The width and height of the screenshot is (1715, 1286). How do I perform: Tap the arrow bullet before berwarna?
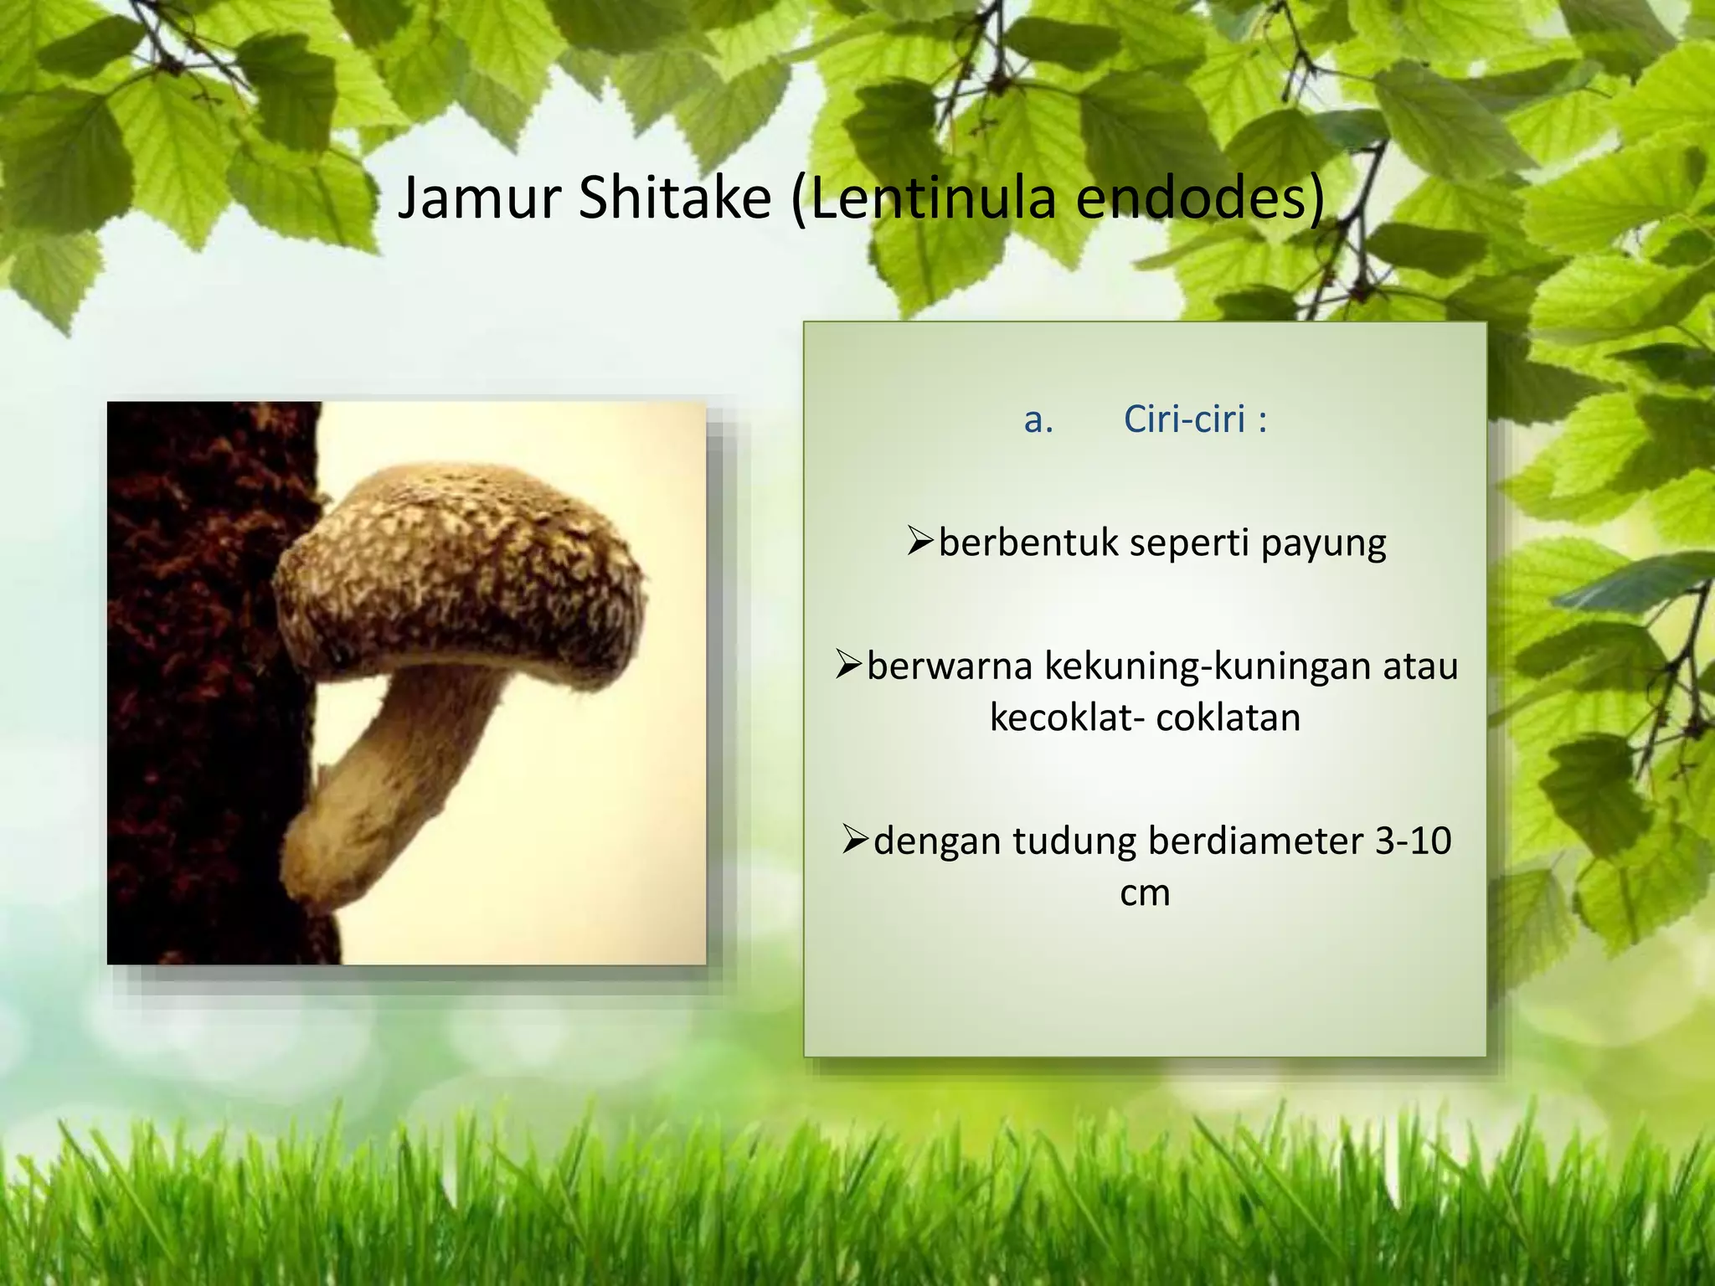(849, 666)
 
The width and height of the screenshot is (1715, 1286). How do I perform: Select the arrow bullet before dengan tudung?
(856, 840)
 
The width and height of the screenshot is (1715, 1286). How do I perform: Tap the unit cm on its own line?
(1144, 893)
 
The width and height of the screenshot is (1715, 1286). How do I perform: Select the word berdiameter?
(1255, 841)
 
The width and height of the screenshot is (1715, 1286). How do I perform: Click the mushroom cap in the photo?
(461, 569)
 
